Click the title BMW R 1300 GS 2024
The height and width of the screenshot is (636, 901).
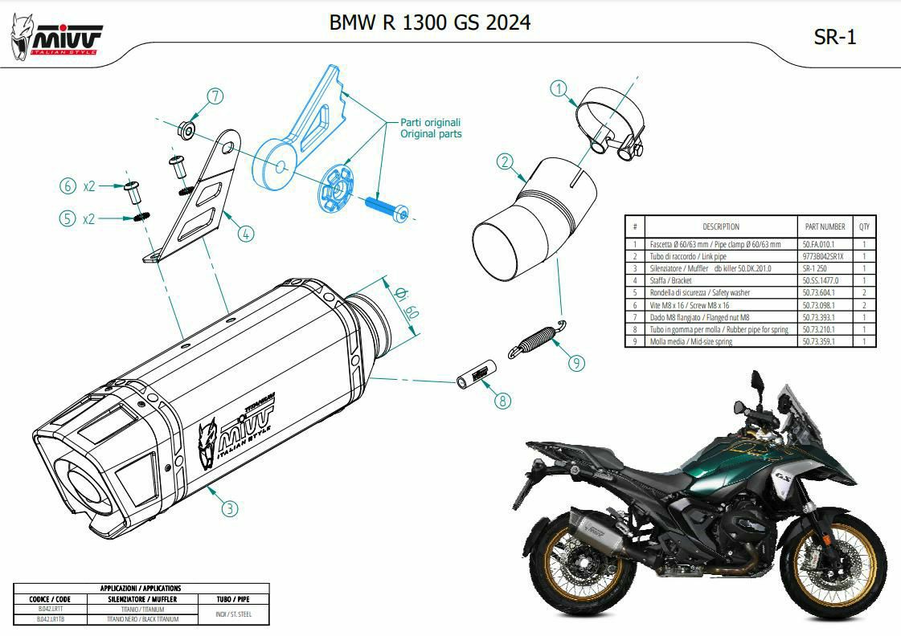coord(430,22)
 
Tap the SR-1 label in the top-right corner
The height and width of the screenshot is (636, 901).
coord(835,37)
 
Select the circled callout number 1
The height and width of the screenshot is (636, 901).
coord(560,88)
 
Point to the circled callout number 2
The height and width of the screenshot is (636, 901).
coord(505,162)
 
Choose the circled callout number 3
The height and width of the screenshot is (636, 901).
coord(230,508)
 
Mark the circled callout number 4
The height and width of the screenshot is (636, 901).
coord(246,234)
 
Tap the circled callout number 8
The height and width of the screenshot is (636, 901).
coord(502,401)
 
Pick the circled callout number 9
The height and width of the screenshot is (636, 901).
coord(575,363)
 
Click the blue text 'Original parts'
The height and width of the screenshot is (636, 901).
coord(432,134)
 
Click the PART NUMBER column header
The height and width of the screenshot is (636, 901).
coord(825,226)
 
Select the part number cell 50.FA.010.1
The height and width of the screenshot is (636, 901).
coord(819,243)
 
